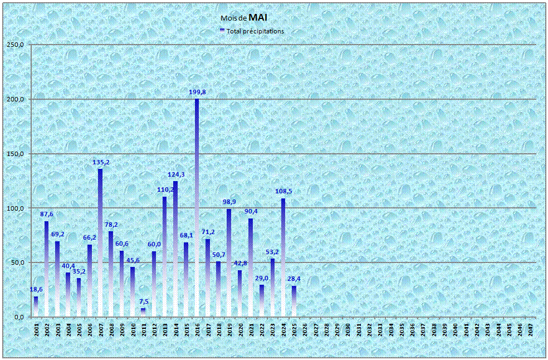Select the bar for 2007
pyautogui.click(x=100, y=242)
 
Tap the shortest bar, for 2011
pyautogui.click(x=143, y=313)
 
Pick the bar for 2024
pyautogui.click(x=283, y=257)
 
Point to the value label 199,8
pyautogui.click(x=197, y=92)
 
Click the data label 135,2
pyautogui.click(x=100, y=162)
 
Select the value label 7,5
pyautogui.click(x=143, y=302)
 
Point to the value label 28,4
pyautogui.click(x=295, y=279)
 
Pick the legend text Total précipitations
pyautogui.click(x=255, y=31)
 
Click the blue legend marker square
pyautogui.click(x=222, y=31)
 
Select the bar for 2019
pyautogui.click(x=229, y=262)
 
